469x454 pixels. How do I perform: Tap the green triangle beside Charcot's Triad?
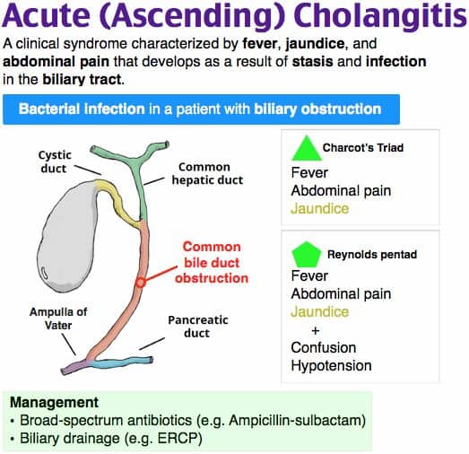pyautogui.click(x=308, y=148)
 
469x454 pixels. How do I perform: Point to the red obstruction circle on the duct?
pyautogui.click(x=140, y=282)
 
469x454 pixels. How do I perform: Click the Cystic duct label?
pyautogui.click(x=55, y=162)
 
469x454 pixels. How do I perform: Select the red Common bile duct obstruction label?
pyautogui.click(x=214, y=262)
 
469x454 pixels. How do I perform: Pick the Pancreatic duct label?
pyautogui.click(x=198, y=327)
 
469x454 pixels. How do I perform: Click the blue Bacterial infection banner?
pyautogui.click(x=202, y=109)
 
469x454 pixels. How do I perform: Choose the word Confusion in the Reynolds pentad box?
pyautogui.click(x=323, y=347)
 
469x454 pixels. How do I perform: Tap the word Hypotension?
pyautogui.click(x=330, y=365)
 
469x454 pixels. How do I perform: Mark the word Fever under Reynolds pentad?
pyautogui.click(x=309, y=276)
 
